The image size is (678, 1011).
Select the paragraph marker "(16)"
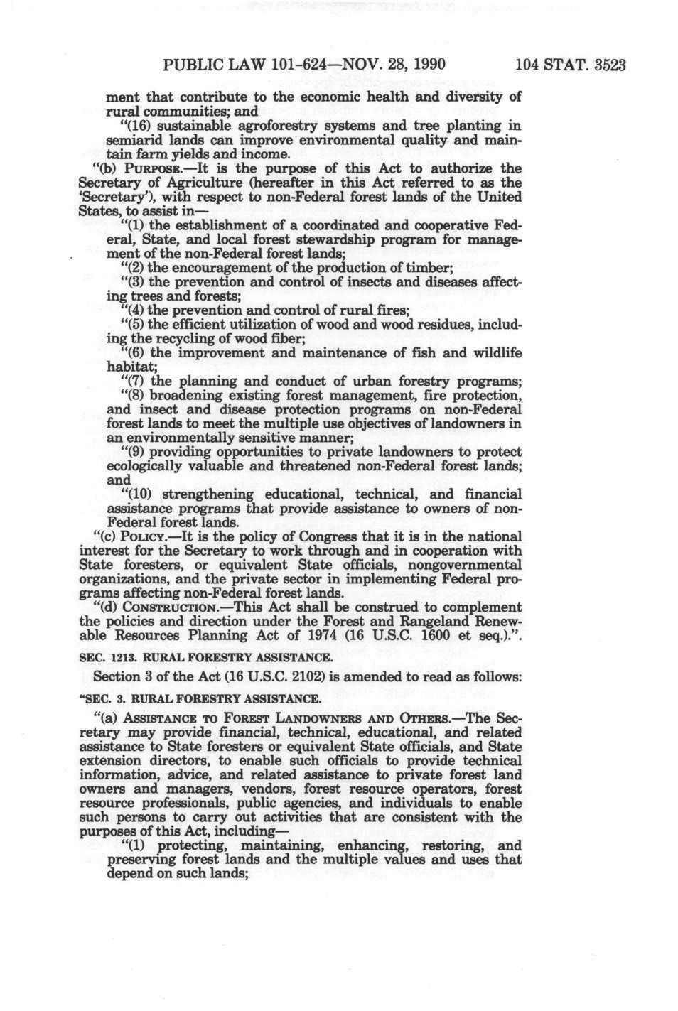coord(141,126)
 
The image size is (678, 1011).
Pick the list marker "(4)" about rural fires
coord(135,310)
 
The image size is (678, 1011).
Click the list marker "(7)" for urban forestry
coord(135,382)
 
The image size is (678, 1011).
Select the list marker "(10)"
coord(138,494)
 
